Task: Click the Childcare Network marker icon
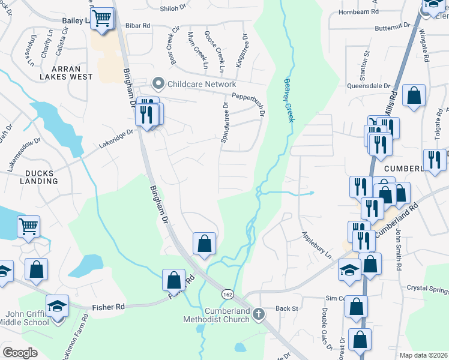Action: point(158,83)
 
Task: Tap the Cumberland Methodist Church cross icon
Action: point(258,314)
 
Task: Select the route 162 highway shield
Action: point(228,294)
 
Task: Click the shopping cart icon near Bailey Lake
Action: point(103,18)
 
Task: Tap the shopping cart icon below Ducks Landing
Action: point(28,226)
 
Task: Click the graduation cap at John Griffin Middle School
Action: point(56,307)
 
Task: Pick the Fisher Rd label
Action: point(108,307)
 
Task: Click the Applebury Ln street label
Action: point(316,245)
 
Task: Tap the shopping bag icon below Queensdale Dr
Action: point(414,95)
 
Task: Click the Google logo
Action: point(20,352)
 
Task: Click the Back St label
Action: point(287,308)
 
